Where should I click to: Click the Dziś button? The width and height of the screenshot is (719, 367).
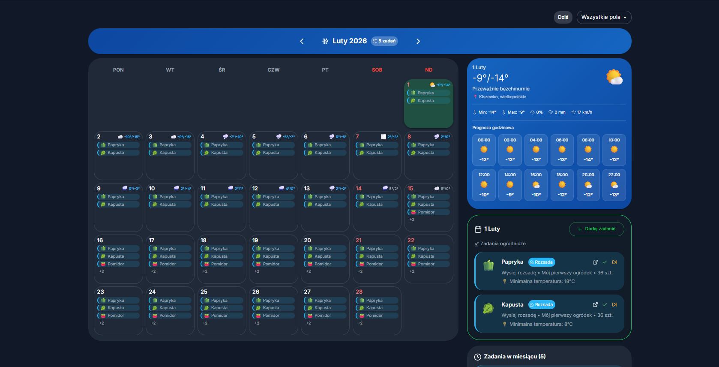click(x=563, y=17)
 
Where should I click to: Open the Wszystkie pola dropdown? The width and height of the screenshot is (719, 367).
click(x=604, y=17)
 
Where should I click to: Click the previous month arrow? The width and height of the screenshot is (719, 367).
click(x=302, y=41)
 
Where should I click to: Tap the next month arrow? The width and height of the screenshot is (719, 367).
click(x=418, y=41)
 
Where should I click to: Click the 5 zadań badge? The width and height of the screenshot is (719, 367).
click(x=384, y=41)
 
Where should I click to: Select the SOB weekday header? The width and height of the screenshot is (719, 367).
click(x=377, y=70)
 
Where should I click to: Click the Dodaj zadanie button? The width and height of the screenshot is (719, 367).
click(x=596, y=229)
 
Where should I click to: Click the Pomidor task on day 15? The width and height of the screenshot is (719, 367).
click(x=428, y=212)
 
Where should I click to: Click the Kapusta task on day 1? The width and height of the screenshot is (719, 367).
click(x=428, y=101)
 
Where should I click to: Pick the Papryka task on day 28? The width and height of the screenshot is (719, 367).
click(x=377, y=301)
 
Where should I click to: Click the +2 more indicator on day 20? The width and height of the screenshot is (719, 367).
click(x=309, y=271)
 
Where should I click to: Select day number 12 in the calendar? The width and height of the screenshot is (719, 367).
click(x=255, y=189)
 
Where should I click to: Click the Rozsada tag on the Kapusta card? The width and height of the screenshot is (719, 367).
click(x=542, y=305)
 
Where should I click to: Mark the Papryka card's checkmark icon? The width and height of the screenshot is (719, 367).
click(x=605, y=262)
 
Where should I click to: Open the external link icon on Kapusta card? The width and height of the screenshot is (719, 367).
click(x=595, y=305)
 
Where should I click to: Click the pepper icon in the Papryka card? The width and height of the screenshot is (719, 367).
click(x=488, y=266)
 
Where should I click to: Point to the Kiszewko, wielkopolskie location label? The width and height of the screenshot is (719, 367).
click(x=502, y=97)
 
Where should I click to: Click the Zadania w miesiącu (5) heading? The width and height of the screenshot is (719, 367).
click(x=514, y=357)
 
